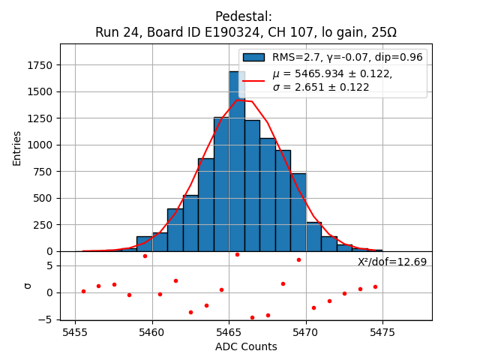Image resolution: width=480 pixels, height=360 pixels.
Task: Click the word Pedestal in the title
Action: [243, 16]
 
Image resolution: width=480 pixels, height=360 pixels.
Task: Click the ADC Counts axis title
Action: [246, 346]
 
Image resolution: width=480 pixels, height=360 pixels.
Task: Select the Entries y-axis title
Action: [17, 147]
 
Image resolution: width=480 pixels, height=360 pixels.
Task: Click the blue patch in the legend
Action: [253, 57]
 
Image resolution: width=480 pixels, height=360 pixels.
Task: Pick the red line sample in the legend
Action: [253, 80]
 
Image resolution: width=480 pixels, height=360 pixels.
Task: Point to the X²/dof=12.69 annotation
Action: [391, 262]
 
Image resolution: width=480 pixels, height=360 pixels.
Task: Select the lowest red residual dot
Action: [252, 317]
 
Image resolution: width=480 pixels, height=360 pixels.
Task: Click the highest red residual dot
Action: [237, 254]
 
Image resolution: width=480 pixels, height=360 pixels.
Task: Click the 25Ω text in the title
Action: [381, 33]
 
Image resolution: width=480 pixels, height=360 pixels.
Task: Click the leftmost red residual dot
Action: [83, 291]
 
